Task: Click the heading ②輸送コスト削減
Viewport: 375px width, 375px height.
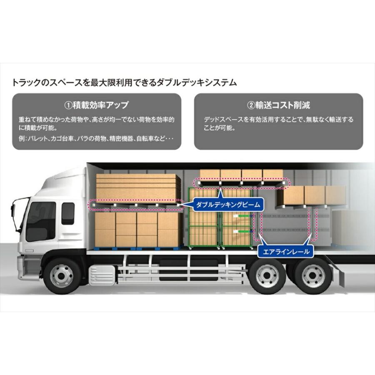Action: [x=278, y=105]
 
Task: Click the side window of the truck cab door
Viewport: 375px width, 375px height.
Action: [x=40, y=221]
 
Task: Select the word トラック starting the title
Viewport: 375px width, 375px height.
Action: [x=25, y=82]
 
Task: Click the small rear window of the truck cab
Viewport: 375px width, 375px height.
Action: [x=67, y=213]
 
